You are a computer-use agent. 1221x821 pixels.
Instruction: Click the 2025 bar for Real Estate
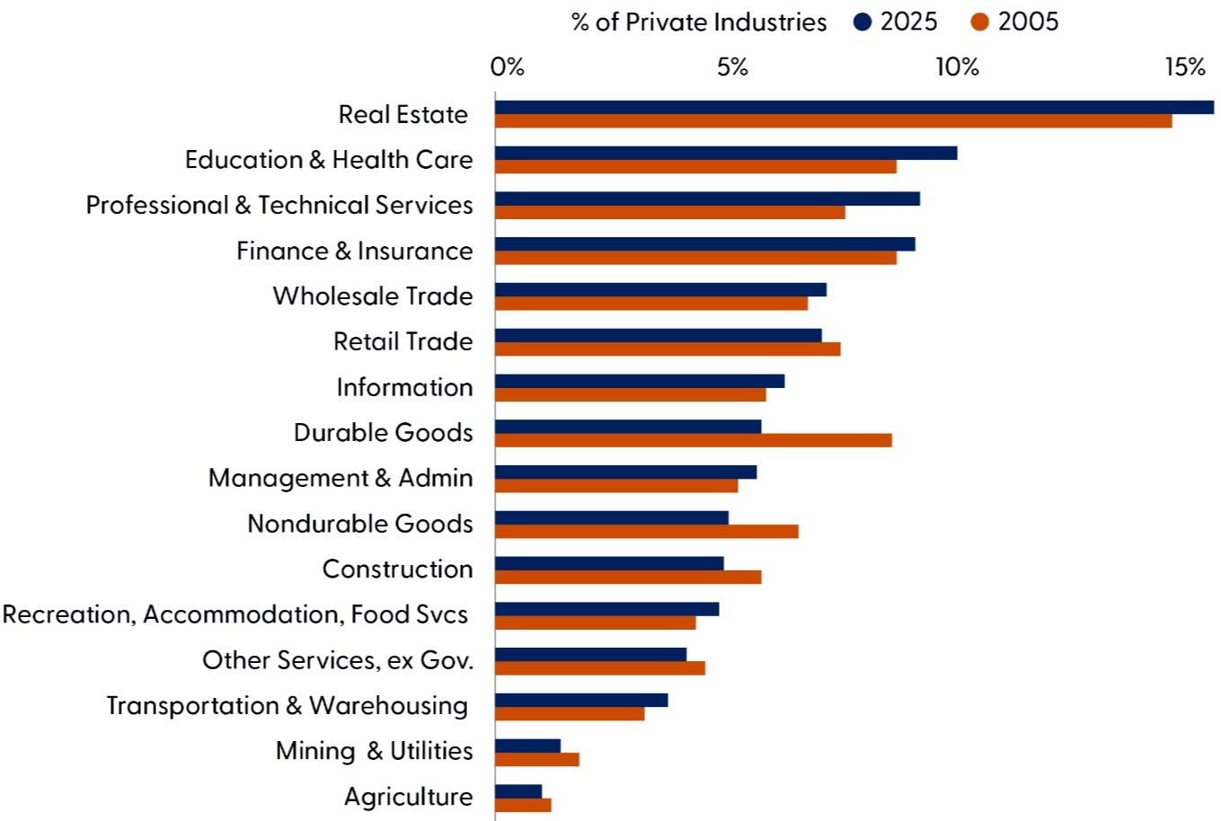click(854, 108)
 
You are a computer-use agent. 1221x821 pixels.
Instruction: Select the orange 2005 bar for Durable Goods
click(693, 440)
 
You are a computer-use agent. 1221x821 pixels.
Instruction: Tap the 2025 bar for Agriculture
click(518, 791)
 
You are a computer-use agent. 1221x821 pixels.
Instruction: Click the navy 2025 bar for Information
click(640, 381)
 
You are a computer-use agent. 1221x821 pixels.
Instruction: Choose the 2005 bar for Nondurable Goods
click(646, 532)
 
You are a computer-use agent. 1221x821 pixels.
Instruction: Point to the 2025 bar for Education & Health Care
click(726, 153)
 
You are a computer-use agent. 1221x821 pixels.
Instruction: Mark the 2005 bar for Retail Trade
click(668, 349)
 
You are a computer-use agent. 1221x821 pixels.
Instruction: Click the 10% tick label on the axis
click(957, 67)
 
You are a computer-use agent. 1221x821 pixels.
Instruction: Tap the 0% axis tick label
click(508, 67)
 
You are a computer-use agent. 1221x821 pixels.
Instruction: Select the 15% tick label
click(1185, 67)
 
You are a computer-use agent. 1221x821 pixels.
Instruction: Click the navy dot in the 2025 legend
click(863, 22)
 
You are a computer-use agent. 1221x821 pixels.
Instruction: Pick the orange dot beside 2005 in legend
click(980, 22)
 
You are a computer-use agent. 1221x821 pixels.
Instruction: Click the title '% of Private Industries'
click(699, 22)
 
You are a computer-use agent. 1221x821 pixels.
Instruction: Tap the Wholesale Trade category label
click(373, 296)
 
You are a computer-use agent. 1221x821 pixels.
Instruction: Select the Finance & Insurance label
click(354, 251)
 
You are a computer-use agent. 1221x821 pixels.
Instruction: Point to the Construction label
click(397, 569)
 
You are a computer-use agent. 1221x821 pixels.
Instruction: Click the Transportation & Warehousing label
click(288, 706)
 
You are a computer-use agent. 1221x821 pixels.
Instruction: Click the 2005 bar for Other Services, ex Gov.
click(599, 668)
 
